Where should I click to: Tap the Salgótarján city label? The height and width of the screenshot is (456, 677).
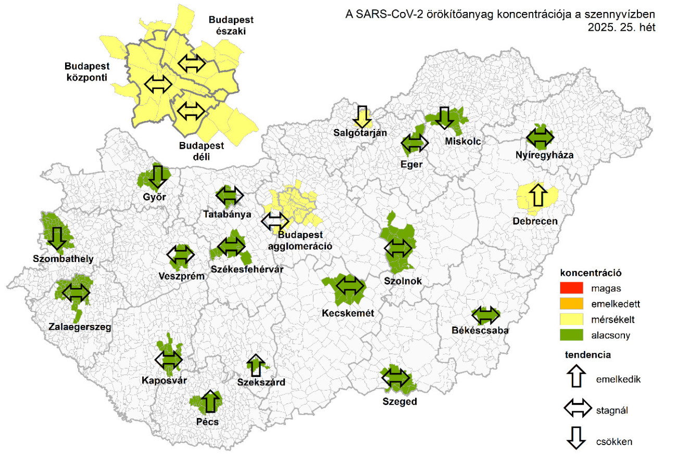coord(360,133)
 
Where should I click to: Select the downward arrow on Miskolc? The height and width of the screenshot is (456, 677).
coord(444,117)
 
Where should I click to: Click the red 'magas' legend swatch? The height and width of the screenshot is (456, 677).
coord(575,288)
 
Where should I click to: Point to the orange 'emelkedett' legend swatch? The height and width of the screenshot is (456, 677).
coord(575,303)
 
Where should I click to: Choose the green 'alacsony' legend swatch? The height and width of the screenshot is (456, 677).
coord(575,335)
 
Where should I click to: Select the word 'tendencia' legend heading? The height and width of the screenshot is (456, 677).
coord(587,355)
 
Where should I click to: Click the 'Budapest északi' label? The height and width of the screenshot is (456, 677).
coord(231,25)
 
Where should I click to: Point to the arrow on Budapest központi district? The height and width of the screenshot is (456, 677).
coord(158,84)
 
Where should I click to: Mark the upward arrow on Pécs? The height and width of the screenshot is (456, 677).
coord(209,401)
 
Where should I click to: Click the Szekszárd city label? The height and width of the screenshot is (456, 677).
coord(261,383)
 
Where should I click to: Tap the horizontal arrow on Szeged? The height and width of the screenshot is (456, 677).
coord(395,378)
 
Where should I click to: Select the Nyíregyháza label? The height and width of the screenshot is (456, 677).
coord(541,155)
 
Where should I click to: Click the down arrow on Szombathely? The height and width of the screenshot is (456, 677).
coord(56,238)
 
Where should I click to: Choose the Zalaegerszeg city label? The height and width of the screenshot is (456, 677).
coord(80,327)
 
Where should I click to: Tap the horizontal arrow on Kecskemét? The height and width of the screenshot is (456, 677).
coord(350,285)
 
